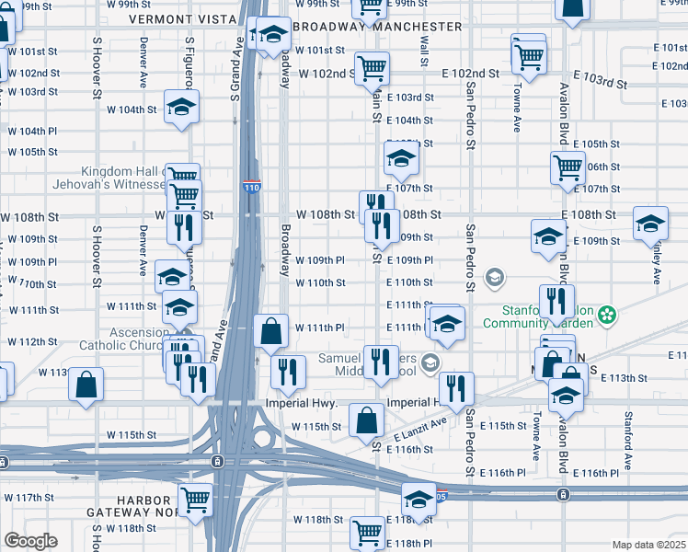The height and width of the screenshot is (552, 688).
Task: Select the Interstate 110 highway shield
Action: point(251,188)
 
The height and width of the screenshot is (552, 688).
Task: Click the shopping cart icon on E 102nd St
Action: point(372,67)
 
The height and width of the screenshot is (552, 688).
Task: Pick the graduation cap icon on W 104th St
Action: point(182,107)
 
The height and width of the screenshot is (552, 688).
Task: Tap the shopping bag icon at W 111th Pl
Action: point(271,332)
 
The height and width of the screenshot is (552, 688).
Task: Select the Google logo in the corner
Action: point(29,540)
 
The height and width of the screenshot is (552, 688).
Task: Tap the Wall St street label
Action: point(424,52)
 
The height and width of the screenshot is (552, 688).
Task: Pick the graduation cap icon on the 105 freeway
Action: point(419,500)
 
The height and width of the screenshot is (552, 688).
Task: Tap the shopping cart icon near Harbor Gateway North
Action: point(195,500)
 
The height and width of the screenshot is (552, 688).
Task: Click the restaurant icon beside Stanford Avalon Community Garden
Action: point(556,301)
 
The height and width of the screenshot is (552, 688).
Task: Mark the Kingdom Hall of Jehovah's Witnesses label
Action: point(124,178)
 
